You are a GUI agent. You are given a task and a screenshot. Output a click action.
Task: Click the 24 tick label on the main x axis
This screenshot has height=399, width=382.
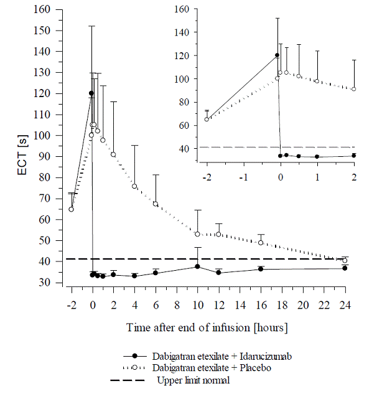click(x=345, y=306)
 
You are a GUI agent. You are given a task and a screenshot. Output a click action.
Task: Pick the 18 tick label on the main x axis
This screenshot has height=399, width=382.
click(x=282, y=306)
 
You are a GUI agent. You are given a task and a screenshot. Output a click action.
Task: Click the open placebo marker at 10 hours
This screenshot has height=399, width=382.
click(x=198, y=234)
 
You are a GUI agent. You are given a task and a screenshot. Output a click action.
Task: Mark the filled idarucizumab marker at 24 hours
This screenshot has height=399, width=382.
click(x=345, y=268)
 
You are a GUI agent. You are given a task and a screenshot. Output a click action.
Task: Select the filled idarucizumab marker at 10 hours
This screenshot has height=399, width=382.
click(x=198, y=266)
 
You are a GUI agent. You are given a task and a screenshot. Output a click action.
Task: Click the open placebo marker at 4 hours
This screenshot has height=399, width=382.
click(x=134, y=186)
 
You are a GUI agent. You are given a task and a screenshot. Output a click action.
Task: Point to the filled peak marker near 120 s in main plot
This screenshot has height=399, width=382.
click(x=91, y=93)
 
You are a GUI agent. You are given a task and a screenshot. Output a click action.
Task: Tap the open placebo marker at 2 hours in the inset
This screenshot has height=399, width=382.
click(x=354, y=89)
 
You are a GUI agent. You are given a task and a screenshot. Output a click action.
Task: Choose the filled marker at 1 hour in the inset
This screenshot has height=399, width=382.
click(x=317, y=157)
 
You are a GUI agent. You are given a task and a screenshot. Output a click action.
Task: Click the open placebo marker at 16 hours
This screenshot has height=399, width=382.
click(x=261, y=242)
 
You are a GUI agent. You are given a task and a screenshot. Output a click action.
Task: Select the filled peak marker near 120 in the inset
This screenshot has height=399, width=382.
click(x=277, y=55)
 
